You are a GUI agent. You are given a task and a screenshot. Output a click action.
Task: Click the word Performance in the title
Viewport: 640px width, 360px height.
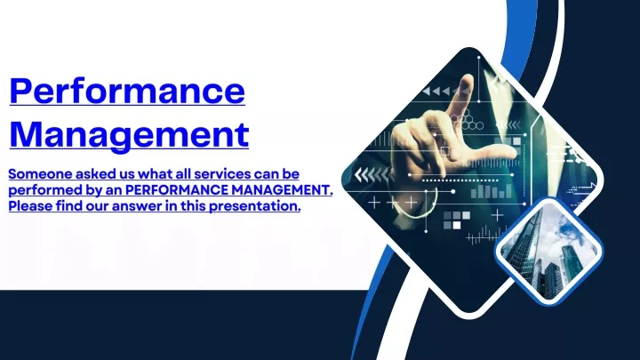[127, 91]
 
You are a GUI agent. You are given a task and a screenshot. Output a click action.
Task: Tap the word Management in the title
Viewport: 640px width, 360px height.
[129, 135]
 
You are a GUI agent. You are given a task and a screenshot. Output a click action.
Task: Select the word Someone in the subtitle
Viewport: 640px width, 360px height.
[40, 174]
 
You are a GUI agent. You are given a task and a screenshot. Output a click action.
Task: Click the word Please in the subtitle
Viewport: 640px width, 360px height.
[30, 205]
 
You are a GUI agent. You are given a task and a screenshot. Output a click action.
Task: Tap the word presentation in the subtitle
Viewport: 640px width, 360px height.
[255, 206]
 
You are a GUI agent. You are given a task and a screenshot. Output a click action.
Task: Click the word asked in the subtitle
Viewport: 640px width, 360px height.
[95, 174]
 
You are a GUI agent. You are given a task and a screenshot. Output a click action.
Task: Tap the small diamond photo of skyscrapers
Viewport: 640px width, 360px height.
[549, 251]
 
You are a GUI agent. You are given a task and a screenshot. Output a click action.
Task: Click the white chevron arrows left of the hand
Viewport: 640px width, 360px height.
[372, 175]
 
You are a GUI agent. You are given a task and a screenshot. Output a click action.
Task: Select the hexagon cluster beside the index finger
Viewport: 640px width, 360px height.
[467, 120]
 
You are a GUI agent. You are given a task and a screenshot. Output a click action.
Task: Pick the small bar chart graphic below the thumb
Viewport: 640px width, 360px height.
[492, 191]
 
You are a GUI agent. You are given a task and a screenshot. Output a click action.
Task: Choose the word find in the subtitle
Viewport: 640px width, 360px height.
[69, 205]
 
